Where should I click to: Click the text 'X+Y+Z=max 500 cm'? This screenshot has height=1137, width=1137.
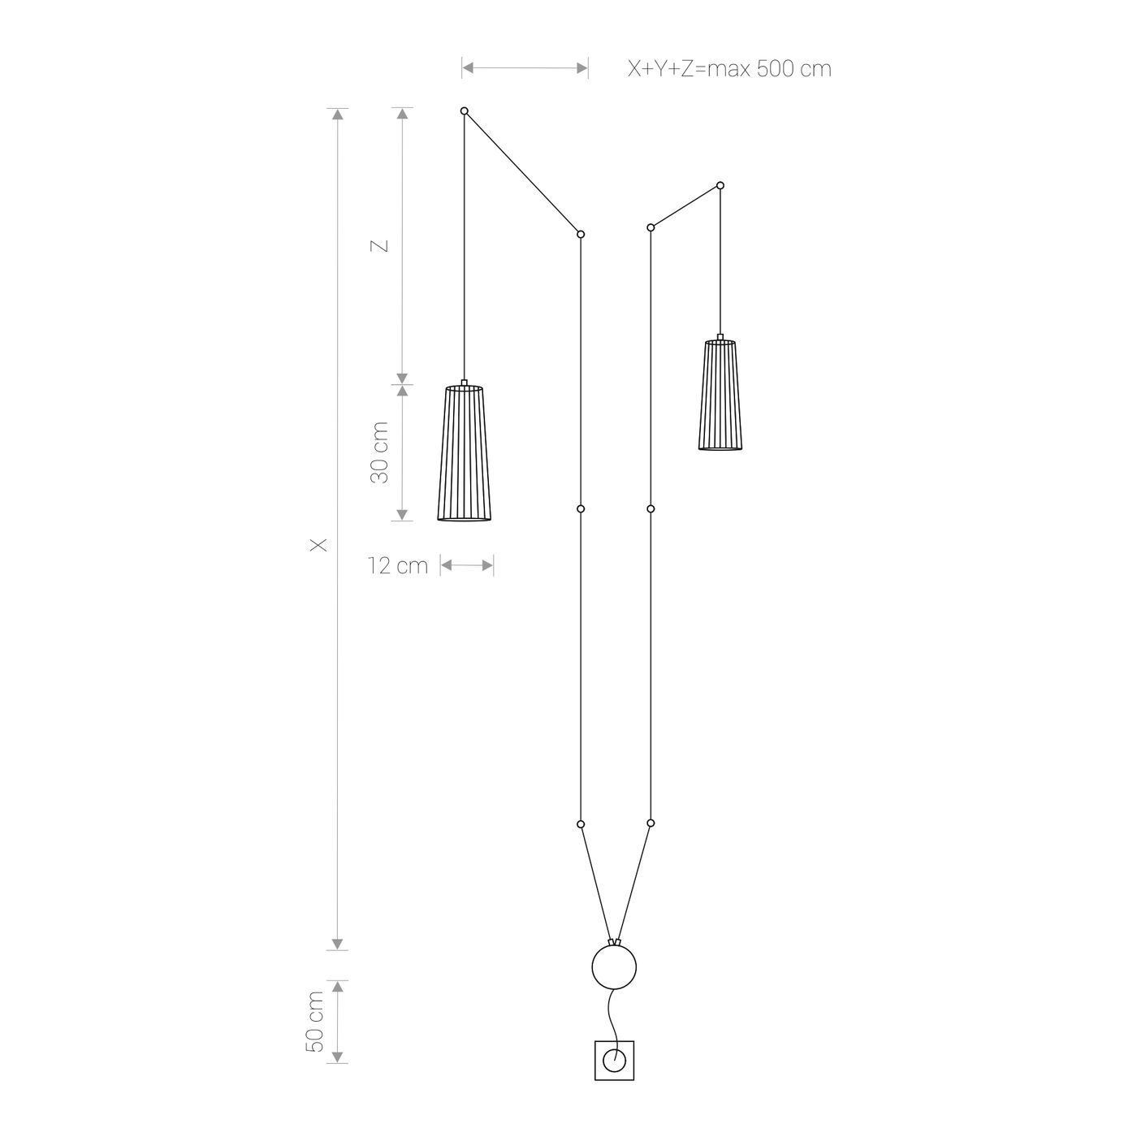tap(729, 69)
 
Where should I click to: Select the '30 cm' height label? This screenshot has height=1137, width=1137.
tap(379, 452)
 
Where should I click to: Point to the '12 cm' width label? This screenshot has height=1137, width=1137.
tap(398, 566)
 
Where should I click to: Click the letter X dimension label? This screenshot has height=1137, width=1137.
tap(318, 545)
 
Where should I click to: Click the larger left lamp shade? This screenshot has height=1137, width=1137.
tap(465, 452)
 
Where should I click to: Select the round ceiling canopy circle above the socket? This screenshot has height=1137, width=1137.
tap(614, 966)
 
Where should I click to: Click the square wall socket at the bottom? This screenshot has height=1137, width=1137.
tap(614, 1061)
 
